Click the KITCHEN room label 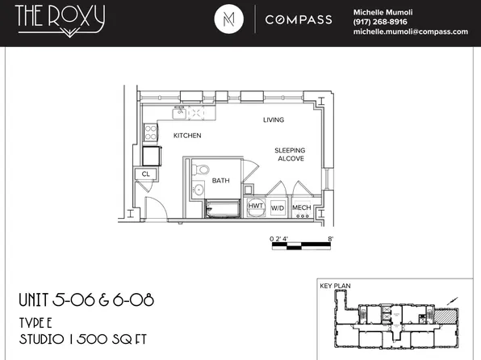[187, 136]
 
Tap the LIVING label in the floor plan [274, 120]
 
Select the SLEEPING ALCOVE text [289, 154]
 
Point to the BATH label [221, 181]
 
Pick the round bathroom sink [199, 190]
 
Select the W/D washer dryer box [277, 207]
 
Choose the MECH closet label [301, 207]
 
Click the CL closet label [146, 174]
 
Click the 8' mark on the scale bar [331, 240]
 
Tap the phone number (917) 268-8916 [380, 22]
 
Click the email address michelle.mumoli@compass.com [411, 31]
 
